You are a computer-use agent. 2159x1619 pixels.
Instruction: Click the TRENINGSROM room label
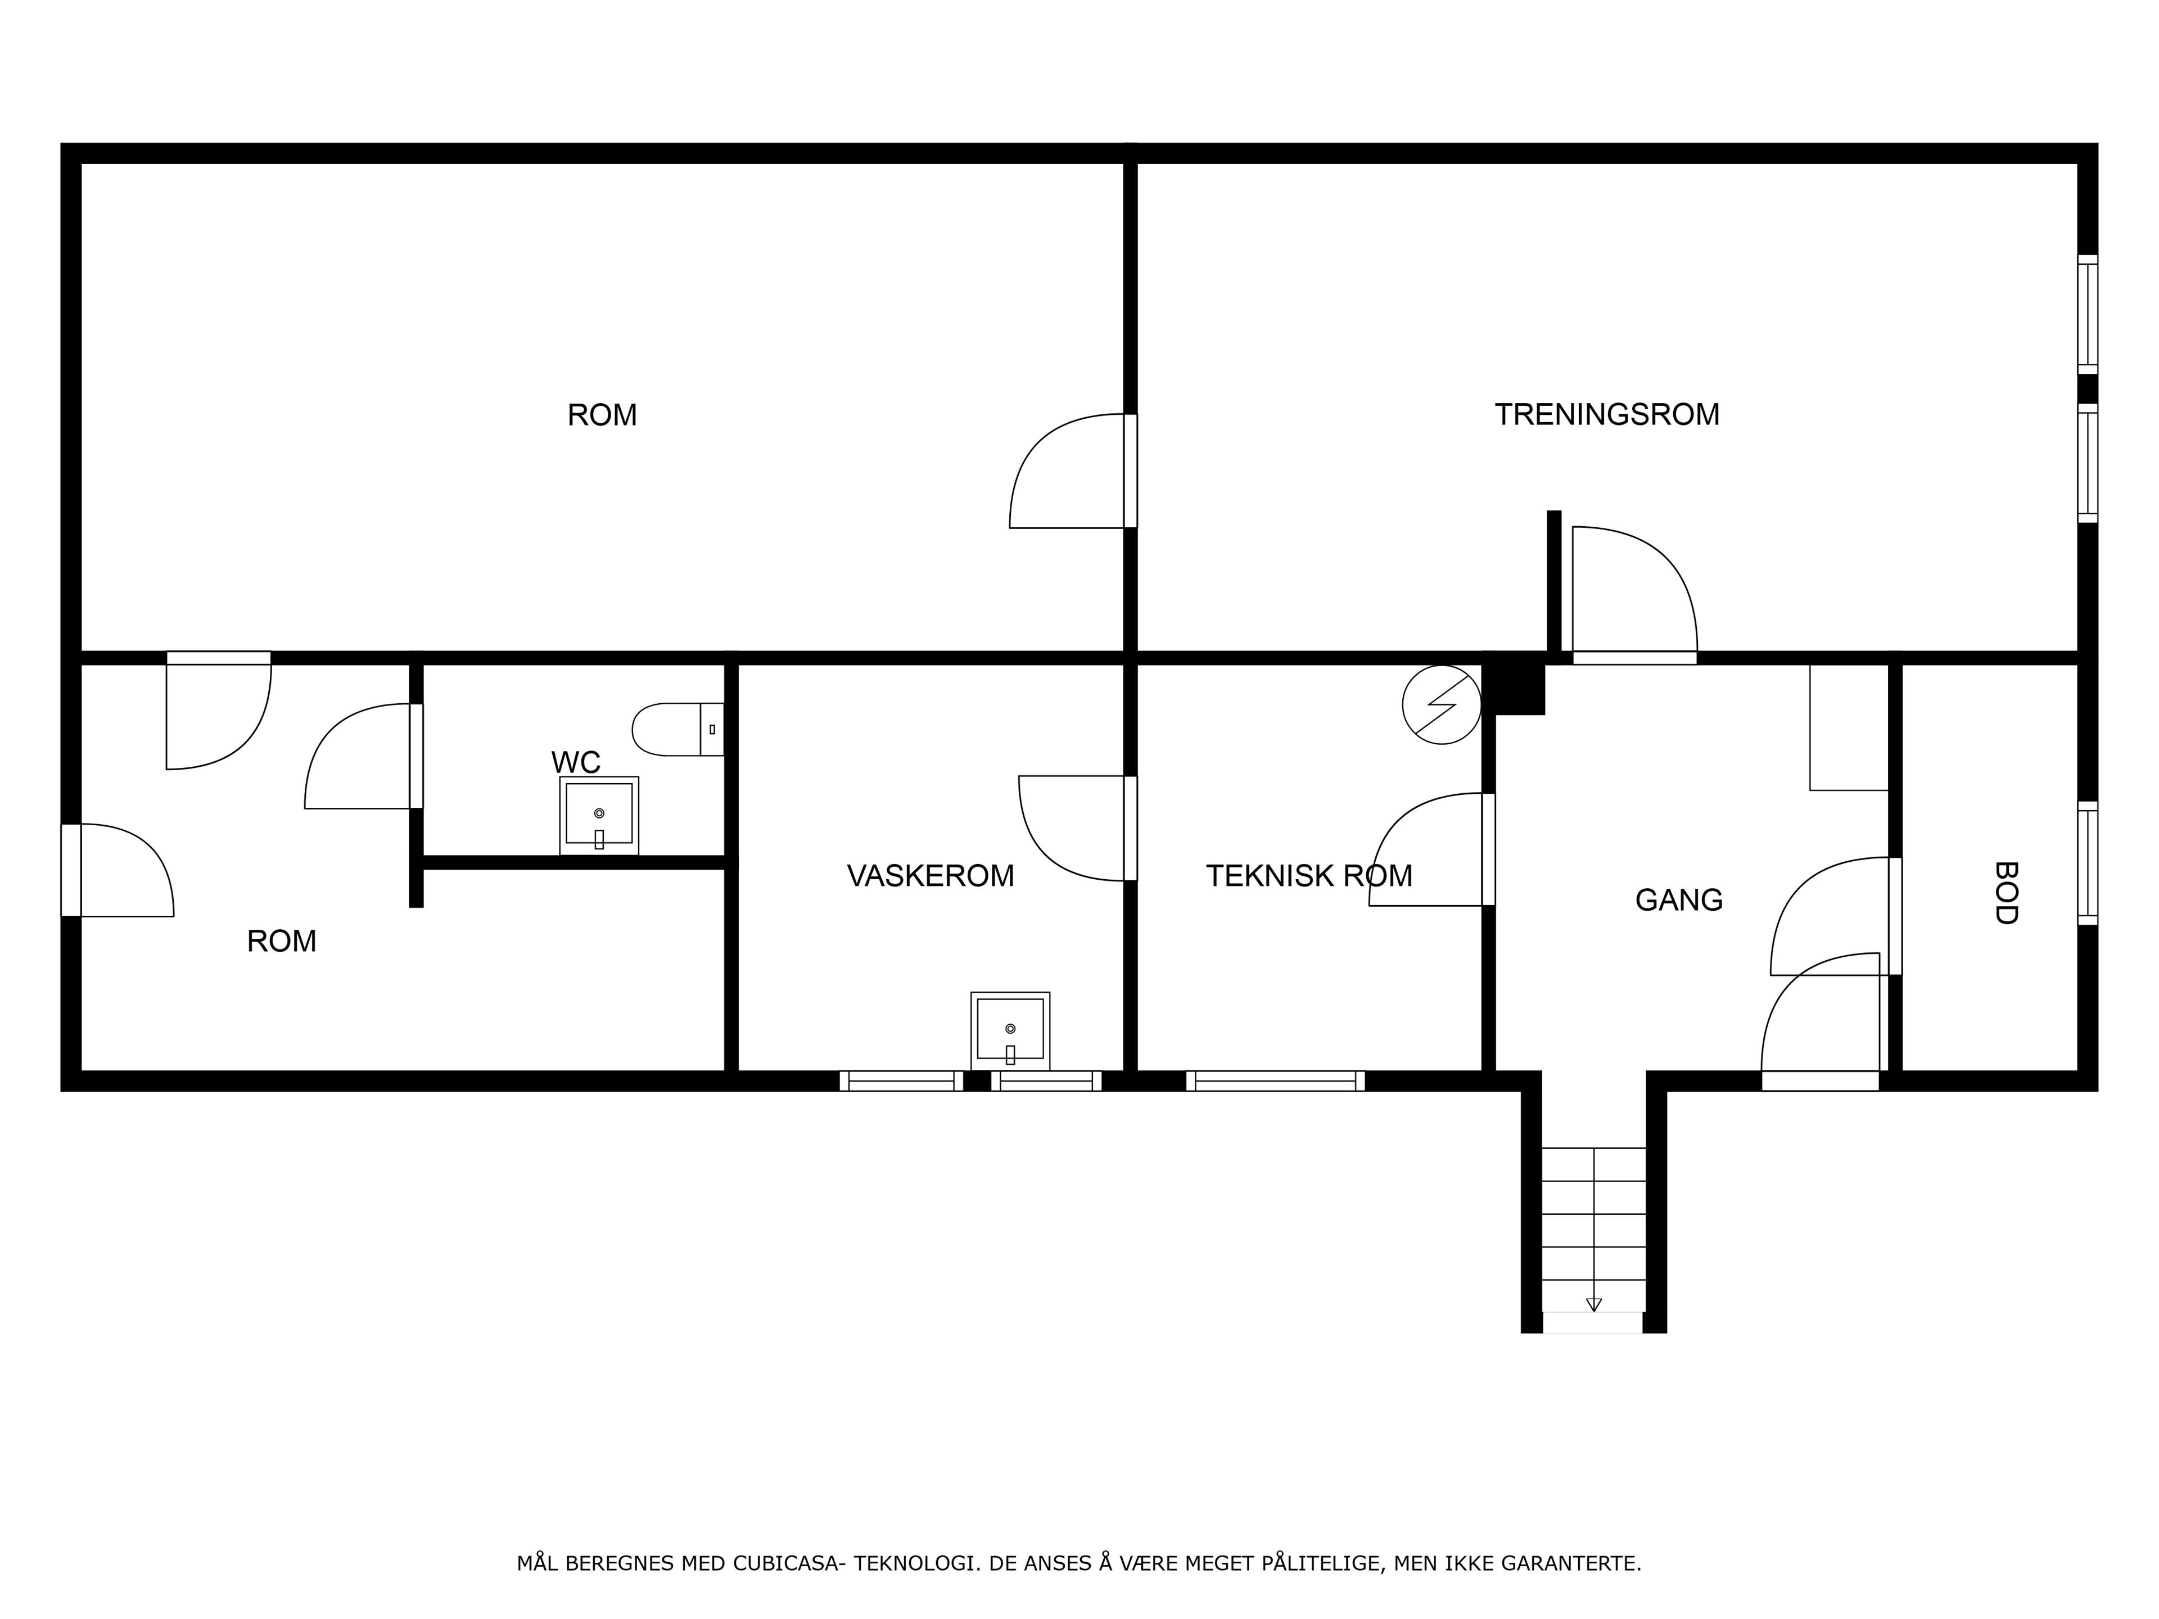(x=1606, y=415)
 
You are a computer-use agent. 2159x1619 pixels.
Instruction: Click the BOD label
(x=2005, y=892)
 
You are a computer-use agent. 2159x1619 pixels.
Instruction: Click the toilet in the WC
(x=679, y=729)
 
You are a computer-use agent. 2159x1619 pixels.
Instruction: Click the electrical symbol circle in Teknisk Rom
(x=1442, y=704)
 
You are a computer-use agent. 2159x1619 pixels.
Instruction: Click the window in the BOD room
(x=2088, y=863)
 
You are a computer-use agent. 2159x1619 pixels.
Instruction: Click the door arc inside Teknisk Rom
(x=1426, y=849)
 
